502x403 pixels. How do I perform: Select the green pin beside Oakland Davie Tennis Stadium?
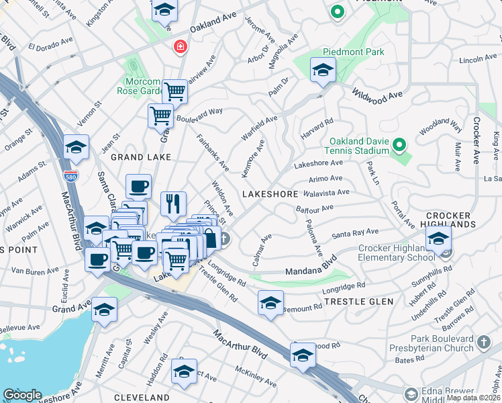pyautogui.click(x=399, y=145)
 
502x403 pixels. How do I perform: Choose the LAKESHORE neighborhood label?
pyautogui.click(x=270, y=193)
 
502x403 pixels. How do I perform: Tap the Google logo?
pyautogui.click(x=23, y=395)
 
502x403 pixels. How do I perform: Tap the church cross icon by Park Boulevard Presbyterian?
pyautogui.click(x=483, y=344)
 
